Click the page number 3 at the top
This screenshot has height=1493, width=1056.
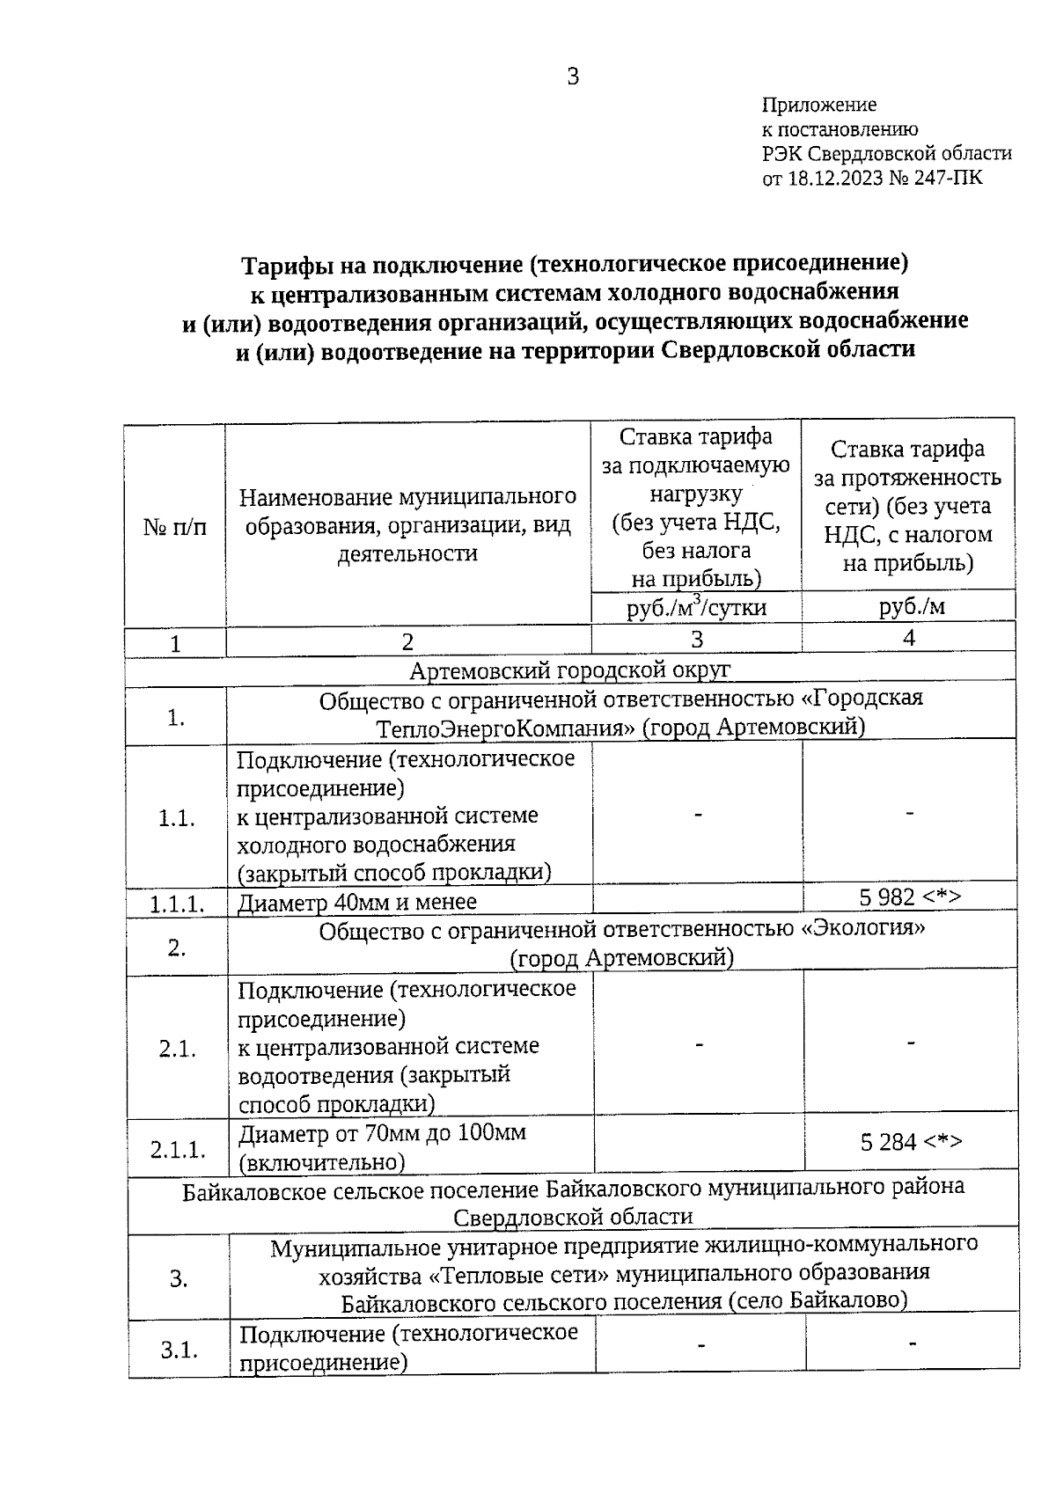point(573,77)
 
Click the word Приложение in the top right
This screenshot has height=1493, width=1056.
point(818,106)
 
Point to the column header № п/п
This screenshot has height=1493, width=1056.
point(175,526)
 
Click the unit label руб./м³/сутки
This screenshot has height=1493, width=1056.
point(696,608)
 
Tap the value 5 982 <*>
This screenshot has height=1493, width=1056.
point(909,897)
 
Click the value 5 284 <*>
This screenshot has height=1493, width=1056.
point(911,1143)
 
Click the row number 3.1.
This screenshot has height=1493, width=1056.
point(179,1350)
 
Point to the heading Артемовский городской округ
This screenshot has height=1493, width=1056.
point(569,671)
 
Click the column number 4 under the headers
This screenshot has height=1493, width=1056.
point(909,639)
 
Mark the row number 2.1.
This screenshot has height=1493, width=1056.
point(177,1050)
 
